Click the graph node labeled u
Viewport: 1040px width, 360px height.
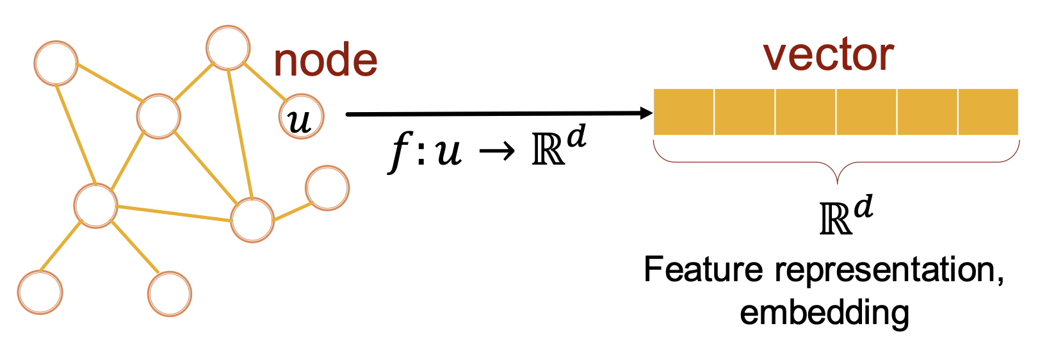point(301,118)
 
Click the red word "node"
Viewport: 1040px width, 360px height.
point(325,61)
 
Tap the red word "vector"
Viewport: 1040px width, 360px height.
point(829,55)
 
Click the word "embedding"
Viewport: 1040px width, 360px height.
point(824,312)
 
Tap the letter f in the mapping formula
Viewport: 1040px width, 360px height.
point(398,154)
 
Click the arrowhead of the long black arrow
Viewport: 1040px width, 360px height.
point(646,113)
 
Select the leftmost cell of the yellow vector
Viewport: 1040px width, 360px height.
point(683,112)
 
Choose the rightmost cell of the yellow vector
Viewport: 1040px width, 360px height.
point(988,112)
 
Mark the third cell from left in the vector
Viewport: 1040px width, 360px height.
point(805,112)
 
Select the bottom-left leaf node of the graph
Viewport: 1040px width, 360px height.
point(40,292)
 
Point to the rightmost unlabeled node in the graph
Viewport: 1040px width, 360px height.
point(327,188)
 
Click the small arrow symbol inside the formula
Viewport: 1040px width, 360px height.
point(497,154)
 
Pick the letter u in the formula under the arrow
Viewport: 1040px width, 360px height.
point(448,154)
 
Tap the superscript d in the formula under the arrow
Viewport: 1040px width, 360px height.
point(576,137)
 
